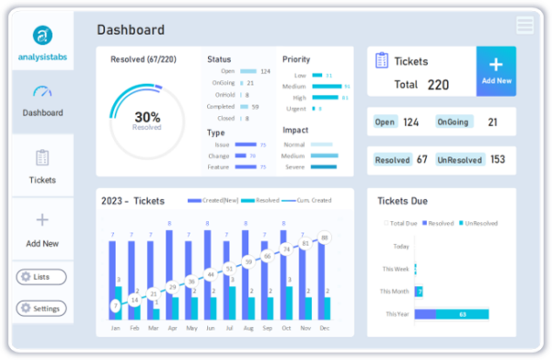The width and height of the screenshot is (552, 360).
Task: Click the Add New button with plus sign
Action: click(496, 71)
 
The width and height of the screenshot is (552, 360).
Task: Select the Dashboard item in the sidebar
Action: click(43, 100)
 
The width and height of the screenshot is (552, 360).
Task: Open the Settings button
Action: click(41, 308)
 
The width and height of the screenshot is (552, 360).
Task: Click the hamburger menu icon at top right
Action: click(524, 25)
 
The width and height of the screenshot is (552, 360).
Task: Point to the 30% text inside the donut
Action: click(147, 117)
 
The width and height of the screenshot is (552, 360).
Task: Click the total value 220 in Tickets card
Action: click(438, 85)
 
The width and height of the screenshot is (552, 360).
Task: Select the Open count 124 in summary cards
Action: click(410, 122)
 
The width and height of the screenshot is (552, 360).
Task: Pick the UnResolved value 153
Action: click(498, 160)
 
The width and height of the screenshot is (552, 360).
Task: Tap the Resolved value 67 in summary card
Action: click(421, 160)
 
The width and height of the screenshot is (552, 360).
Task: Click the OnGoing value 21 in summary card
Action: click(492, 122)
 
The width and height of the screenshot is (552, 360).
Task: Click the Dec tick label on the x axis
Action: click(325, 327)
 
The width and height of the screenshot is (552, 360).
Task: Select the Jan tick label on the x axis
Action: click(115, 327)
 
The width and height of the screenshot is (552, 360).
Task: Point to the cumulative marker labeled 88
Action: click(325, 238)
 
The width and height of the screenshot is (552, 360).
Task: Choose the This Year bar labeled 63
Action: click(462, 314)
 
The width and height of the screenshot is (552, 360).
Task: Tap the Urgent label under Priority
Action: click(295, 109)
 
